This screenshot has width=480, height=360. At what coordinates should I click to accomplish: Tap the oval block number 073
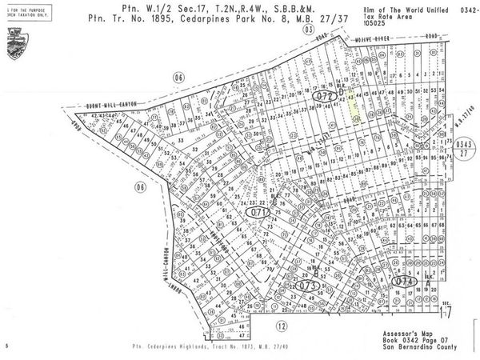point(306,284)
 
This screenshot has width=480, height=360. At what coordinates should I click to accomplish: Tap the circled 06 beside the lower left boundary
point(141,187)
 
